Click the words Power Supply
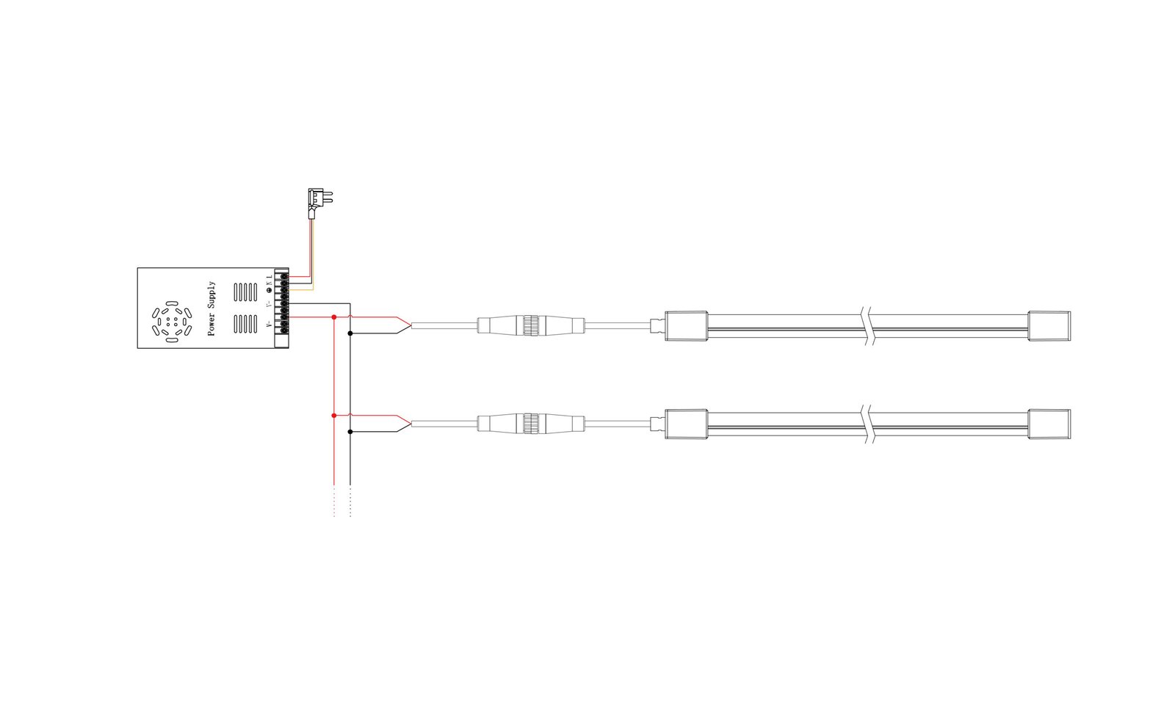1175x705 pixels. [x=211, y=308]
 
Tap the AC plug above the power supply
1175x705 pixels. [x=318, y=198]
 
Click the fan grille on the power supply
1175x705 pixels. [x=171, y=322]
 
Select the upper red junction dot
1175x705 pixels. [x=334, y=317]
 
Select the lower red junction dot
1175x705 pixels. [x=334, y=416]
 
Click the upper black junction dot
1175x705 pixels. [x=350, y=333]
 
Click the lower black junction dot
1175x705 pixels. [x=350, y=432]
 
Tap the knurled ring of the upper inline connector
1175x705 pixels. [x=530, y=325]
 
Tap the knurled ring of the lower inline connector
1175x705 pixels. [x=530, y=423]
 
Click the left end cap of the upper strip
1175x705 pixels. [x=686, y=325]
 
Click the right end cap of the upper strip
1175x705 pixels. [x=1049, y=325]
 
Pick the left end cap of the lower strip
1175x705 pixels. [x=686, y=424]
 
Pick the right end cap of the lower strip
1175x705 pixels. [x=1049, y=424]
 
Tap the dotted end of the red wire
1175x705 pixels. [x=334, y=502]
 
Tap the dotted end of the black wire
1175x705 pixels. [x=350, y=502]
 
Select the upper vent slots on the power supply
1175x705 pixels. [x=245, y=292]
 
